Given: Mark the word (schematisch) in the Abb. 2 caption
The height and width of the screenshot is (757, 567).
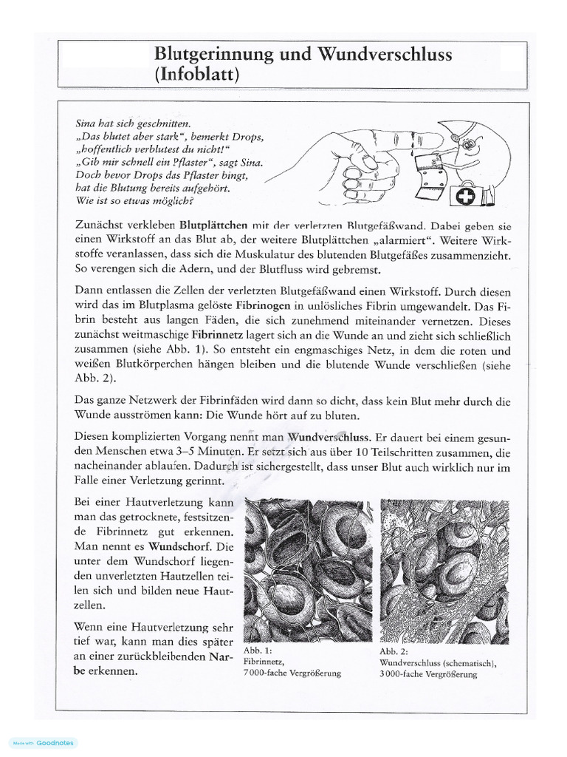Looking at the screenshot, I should (464, 662).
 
